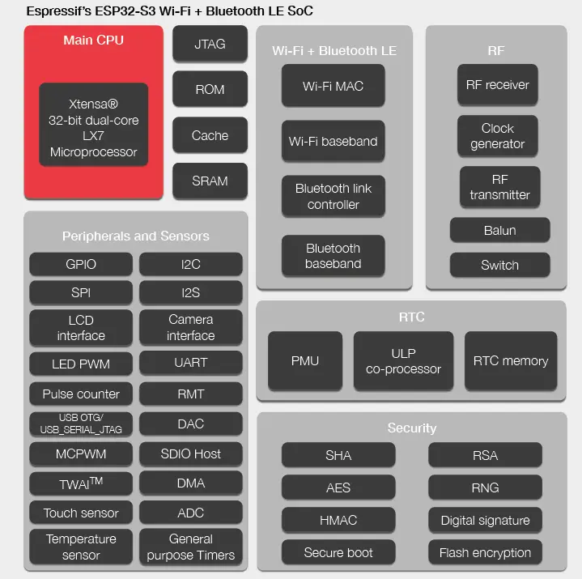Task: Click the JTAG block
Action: pos(210,44)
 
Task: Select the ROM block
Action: pos(210,89)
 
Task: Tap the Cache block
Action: pos(210,135)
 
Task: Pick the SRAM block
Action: pos(210,181)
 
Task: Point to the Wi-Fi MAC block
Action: pos(333,86)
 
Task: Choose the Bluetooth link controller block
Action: pos(333,197)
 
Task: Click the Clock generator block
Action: pos(497,136)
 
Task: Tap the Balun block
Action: pos(499,230)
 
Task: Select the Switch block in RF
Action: pos(499,265)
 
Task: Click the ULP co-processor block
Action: pos(403,361)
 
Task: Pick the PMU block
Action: pos(304,361)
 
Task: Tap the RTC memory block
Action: pos(511,361)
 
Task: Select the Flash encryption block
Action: pos(485,553)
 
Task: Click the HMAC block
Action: pos(338,520)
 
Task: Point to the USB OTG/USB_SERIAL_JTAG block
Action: pos(80,424)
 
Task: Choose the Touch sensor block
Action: pos(80,513)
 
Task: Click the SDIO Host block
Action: pos(190,453)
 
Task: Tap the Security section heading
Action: pos(411,428)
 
